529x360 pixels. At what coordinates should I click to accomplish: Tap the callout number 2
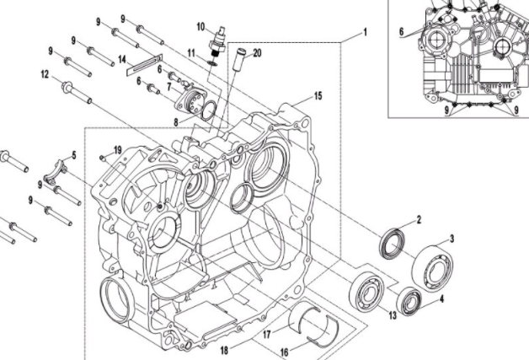coord(418,220)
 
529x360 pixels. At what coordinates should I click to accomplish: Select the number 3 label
coord(452,239)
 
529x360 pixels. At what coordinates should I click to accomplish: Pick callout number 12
coord(44,74)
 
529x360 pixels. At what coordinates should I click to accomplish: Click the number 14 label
coord(121,59)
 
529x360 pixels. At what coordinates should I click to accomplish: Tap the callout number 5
coord(74,154)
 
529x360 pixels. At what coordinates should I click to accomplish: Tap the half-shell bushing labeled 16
coord(312,330)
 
